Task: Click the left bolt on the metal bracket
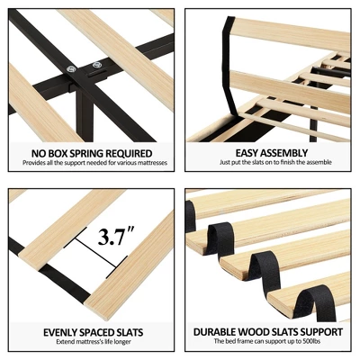[72, 69]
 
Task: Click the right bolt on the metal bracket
[96, 65]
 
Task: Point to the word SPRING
[88, 153]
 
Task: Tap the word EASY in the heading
[247, 153]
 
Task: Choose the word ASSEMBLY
[284, 153]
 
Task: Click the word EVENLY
[59, 332]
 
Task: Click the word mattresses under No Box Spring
[151, 163]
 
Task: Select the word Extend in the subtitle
[65, 342]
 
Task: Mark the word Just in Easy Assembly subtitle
[224, 162]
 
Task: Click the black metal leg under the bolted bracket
[85, 118]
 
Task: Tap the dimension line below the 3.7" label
[95, 253]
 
